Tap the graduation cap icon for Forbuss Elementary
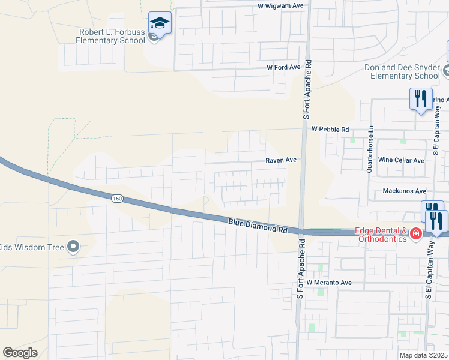[x=160, y=23]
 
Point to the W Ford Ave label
[x=283, y=68]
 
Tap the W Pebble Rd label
[x=330, y=129]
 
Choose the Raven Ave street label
[x=282, y=160]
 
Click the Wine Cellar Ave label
[x=402, y=160]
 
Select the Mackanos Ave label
[x=404, y=191]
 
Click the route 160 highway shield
[x=117, y=197]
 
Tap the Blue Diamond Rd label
[x=258, y=226]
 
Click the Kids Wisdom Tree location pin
[x=73, y=246]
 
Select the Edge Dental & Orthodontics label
[x=381, y=235]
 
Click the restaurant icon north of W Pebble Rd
[x=420, y=98]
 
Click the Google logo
[x=20, y=353]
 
